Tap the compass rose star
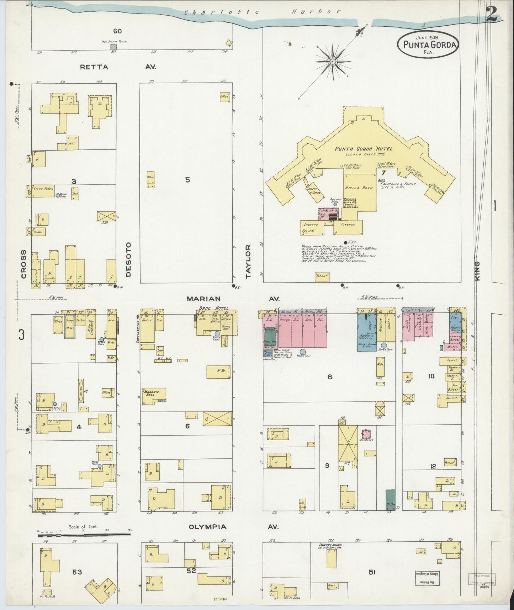click(332, 62)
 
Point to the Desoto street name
click(128, 259)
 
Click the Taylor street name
click(248, 261)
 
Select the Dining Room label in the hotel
click(358, 188)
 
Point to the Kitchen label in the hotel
click(348, 225)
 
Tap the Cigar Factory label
click(43, 189)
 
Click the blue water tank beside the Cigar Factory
click(58, 195)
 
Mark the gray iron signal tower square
click(113, 47)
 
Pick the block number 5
click(187, 180)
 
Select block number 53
click(77, 572)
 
